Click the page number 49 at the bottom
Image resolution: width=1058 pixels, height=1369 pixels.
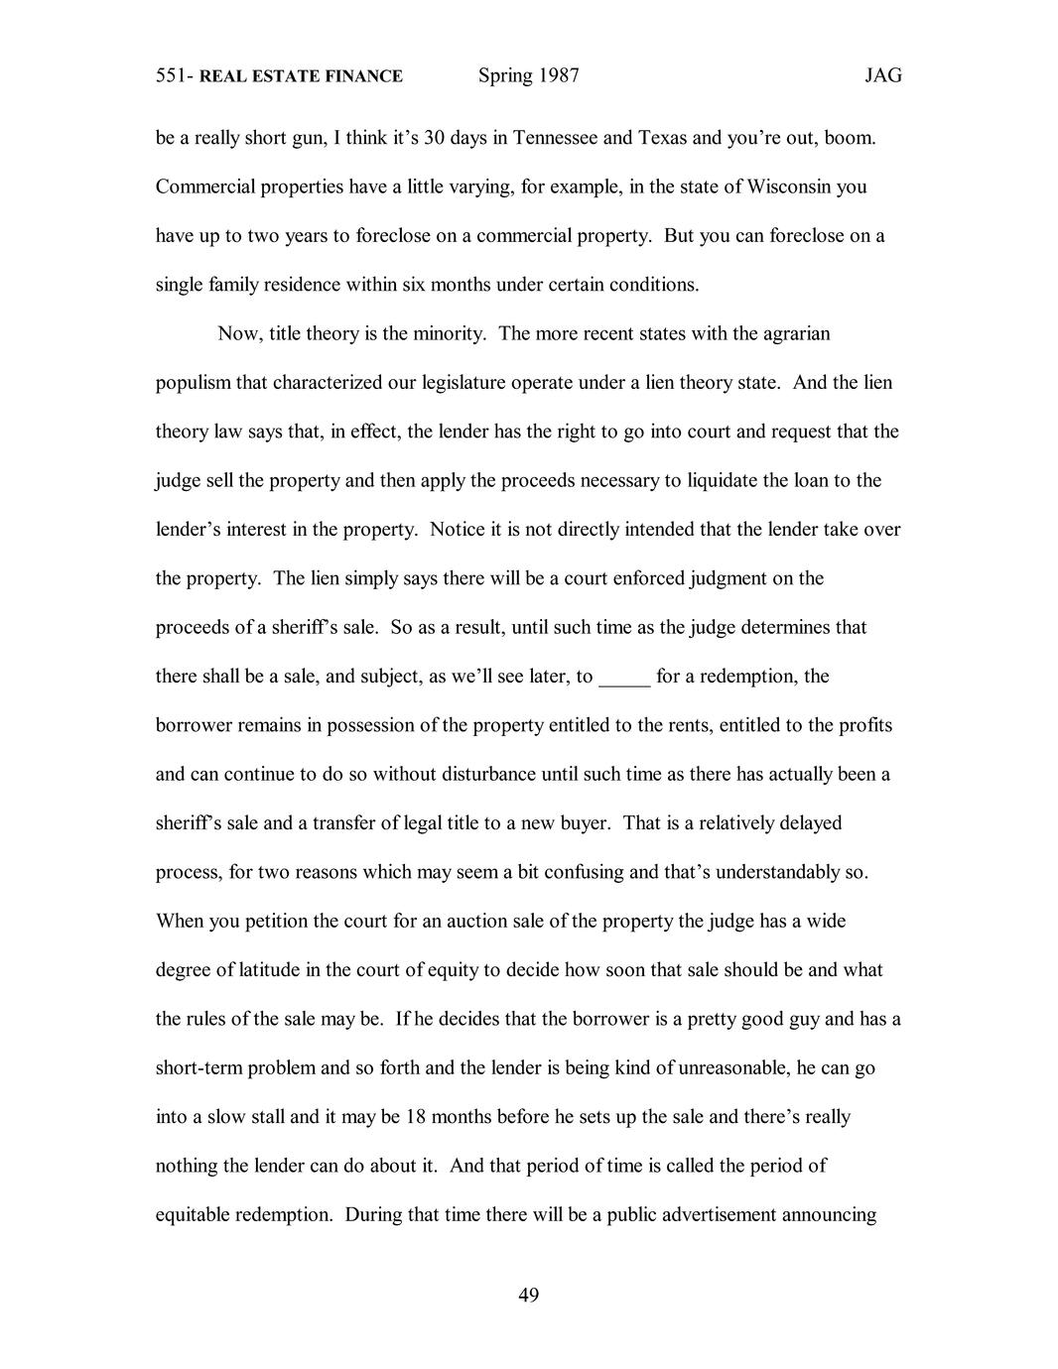(x=528, y=1295)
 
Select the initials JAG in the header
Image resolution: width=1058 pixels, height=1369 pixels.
(x=882, y=76)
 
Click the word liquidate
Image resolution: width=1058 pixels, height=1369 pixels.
(x=721, y=480)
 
